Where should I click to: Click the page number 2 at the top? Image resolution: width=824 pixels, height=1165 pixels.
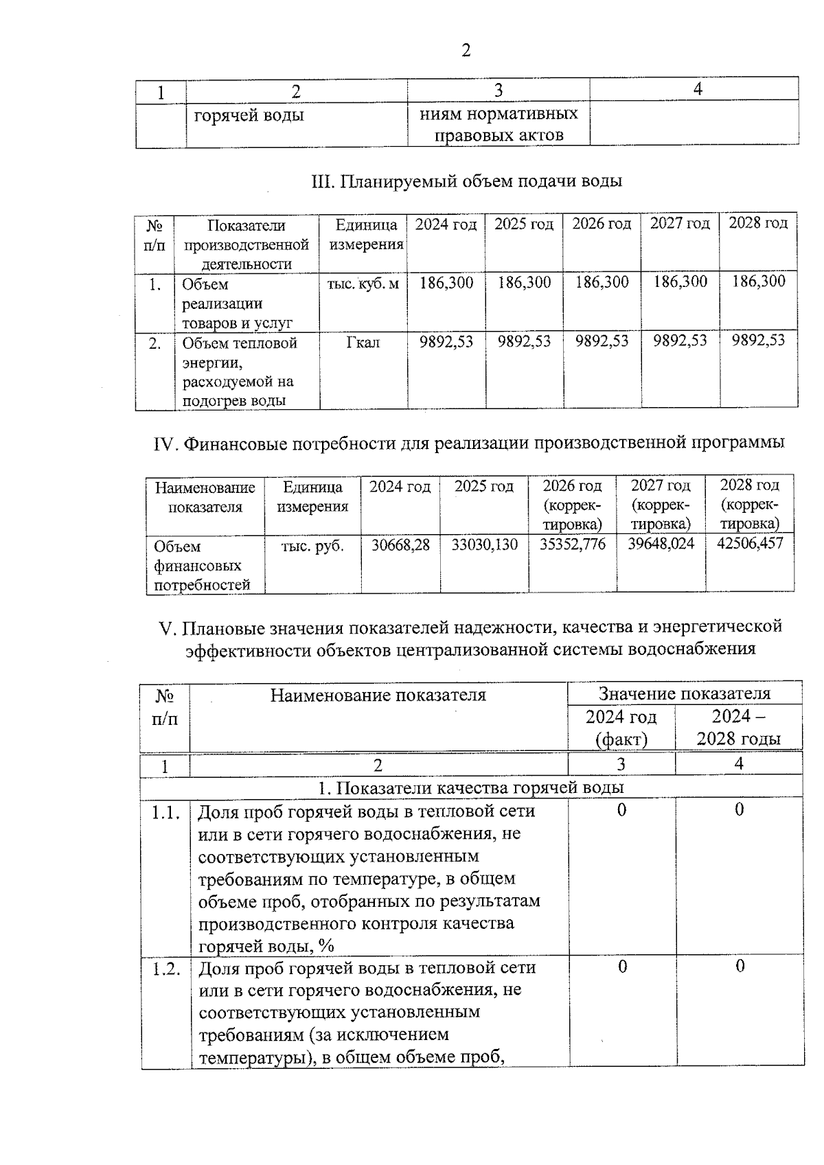click(466, 51)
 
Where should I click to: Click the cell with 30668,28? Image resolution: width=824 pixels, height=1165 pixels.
click(400, 545)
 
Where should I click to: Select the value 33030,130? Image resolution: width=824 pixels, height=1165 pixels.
click(485, 545)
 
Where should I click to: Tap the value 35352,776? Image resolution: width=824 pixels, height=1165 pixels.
click(572, 545)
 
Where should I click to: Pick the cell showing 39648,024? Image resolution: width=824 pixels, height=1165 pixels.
click(661, 544)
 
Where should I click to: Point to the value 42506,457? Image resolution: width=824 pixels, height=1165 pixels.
click(749, 544)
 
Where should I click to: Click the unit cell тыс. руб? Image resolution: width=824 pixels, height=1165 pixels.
click(312, 546)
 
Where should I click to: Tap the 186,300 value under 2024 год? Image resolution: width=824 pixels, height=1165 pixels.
click(446, 283)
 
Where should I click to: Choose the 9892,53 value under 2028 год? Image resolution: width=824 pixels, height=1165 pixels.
click(758, 341)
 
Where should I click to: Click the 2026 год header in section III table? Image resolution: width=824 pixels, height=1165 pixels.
click(602, 224)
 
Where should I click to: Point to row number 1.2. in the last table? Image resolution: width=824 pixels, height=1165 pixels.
click(165, 969)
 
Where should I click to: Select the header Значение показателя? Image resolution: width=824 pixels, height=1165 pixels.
click(684, 693)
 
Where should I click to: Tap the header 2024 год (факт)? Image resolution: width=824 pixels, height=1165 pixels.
click(621, 728)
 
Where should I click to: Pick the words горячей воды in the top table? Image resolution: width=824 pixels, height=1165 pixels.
click(249, 115)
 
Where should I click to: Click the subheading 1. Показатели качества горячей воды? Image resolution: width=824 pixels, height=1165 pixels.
click(471, 787)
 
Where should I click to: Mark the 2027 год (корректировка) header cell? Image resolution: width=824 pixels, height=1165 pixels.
click(661, 505)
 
